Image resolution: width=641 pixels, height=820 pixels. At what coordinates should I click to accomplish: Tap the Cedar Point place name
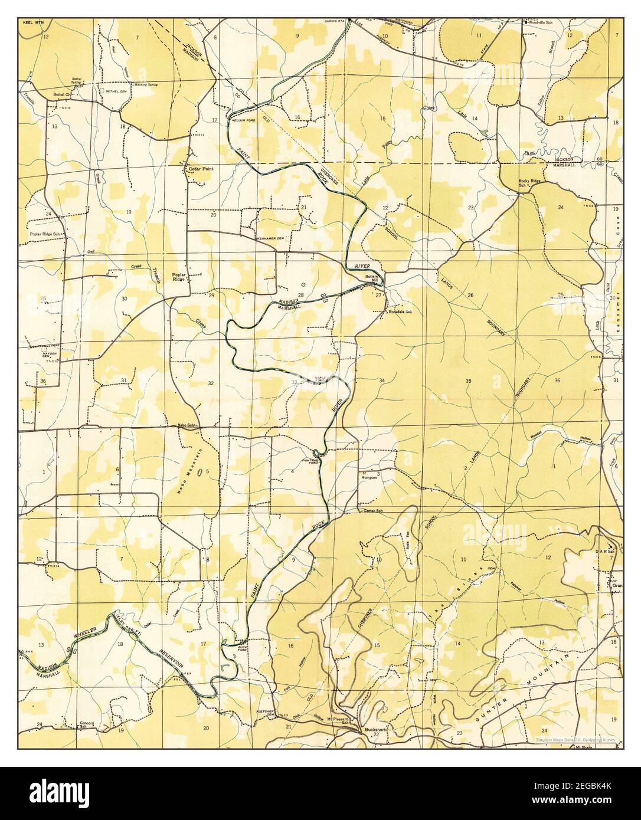coord(201,169)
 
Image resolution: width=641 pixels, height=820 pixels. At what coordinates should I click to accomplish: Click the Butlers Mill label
coord(371,278)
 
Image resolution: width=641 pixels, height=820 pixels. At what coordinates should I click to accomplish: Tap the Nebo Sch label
coord(186,425)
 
